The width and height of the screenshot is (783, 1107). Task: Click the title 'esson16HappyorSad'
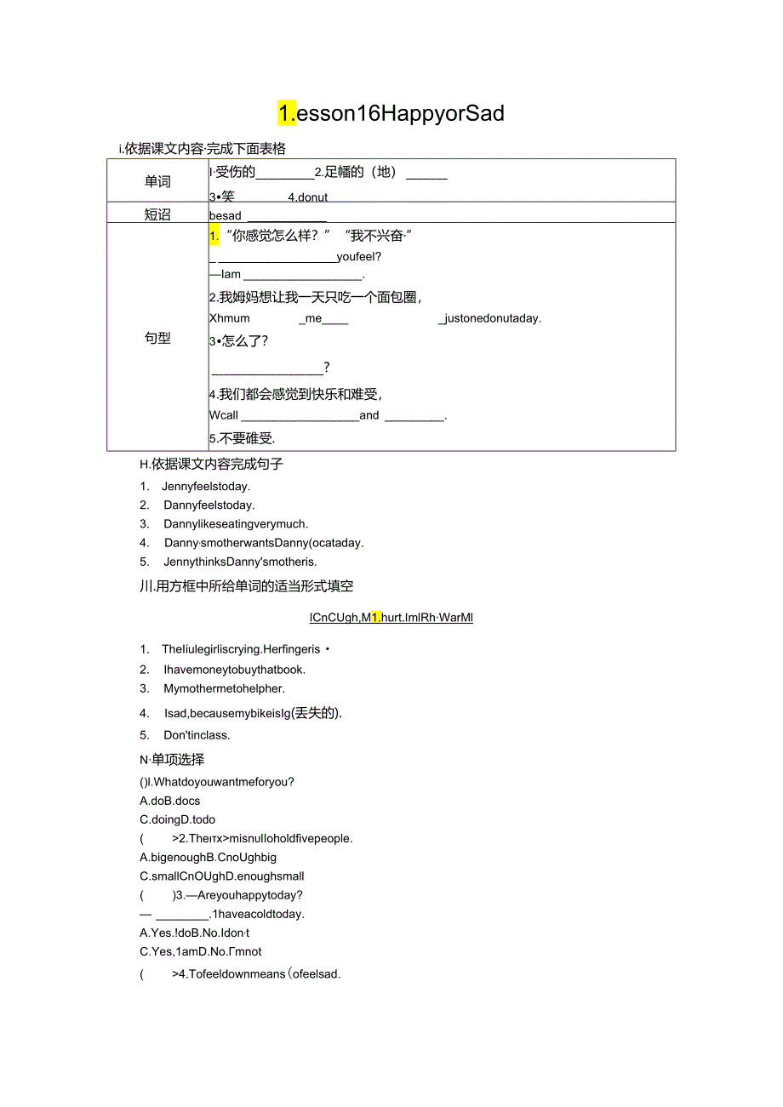400,113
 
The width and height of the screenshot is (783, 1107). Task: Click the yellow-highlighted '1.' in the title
287,113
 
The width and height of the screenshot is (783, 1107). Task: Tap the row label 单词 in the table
157,181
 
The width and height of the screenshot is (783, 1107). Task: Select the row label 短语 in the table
157,214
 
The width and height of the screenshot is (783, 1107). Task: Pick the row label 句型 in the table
157,338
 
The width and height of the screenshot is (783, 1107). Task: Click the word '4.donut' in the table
307,197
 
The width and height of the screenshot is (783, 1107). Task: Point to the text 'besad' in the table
226,216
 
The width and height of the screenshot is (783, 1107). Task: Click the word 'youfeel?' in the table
359,256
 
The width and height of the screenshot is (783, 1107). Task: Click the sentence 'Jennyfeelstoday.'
207,487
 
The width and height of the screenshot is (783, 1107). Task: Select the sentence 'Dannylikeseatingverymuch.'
236,524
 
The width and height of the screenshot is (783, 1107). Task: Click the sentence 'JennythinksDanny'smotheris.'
240,562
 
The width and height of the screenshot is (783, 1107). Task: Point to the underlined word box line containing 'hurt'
391,618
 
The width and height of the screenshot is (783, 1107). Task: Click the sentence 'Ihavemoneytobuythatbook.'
235,670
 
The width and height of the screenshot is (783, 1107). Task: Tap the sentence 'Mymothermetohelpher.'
224,688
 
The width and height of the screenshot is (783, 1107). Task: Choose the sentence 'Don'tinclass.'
197,735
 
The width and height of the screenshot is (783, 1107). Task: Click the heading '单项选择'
178,759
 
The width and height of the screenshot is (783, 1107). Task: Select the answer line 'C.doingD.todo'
177,819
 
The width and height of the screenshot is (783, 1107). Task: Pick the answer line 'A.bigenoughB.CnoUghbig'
208,858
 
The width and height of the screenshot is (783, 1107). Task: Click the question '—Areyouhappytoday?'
243,895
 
